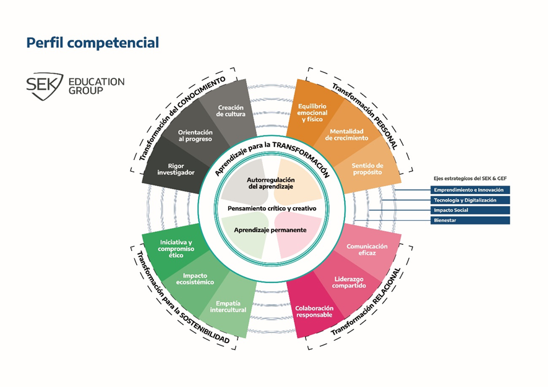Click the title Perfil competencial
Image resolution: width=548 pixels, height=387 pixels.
click(92, 43)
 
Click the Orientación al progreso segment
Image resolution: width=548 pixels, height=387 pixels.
click(195, 135)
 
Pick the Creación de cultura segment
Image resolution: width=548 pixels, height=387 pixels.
click(231, 111)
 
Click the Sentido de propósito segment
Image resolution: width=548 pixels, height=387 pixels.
click(367, 169)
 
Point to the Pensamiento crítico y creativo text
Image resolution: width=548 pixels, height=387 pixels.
click(272, 208)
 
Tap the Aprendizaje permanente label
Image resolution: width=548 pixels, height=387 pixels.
click(270, 230)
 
